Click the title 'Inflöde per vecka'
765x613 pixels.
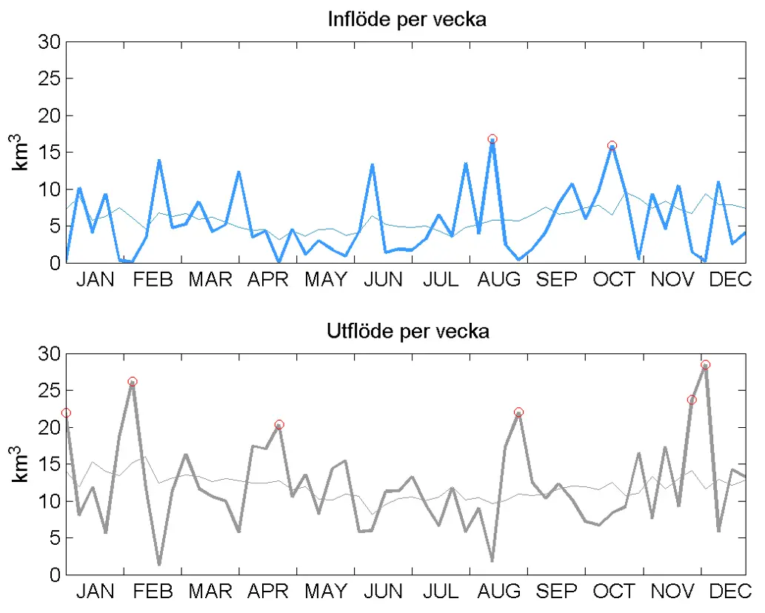[x=407, y=19]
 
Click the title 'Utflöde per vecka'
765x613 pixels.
[x=407, y=331]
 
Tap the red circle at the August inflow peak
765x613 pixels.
[x=492, y=139]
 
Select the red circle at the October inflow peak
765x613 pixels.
[x=612, y=146]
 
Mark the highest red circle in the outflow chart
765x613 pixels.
[x=705, y=364]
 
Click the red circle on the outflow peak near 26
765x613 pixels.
[x=133, y=382]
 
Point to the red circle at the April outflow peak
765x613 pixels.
[x=279, y=425]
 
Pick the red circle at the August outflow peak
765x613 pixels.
[x=518, y=412]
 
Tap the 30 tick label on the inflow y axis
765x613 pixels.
[x=48, y=42]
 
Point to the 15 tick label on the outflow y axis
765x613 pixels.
[x=48, y=465]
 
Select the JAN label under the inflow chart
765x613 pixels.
[x=96, y=279]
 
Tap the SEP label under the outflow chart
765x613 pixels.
[x=557, y=592]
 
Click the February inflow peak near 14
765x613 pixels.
[x=159, y=161]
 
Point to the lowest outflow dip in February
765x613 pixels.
[x=159, y=564]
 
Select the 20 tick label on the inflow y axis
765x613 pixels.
[x=48, y=116]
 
